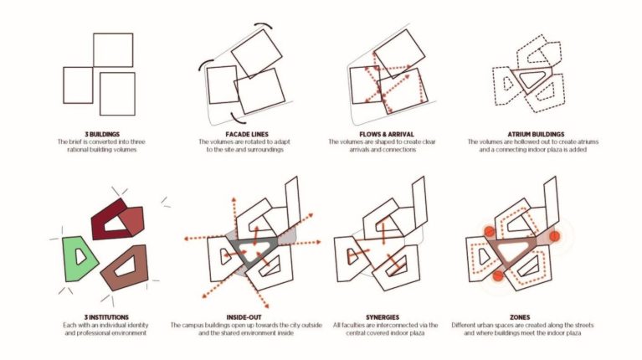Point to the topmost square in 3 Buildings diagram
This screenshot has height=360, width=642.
112,50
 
